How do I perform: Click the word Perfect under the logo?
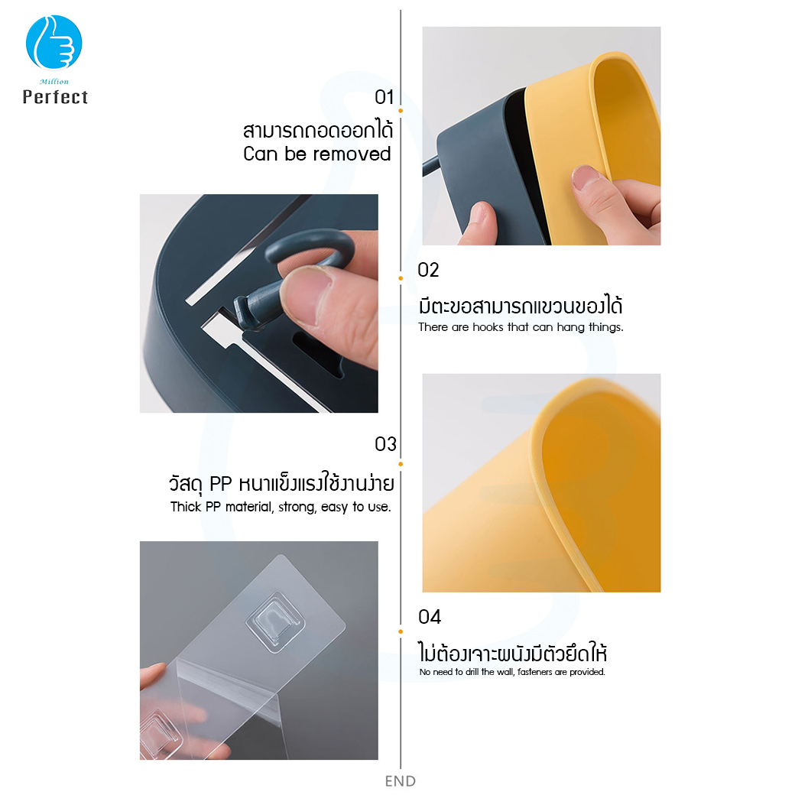(x=55, y=97)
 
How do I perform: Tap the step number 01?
(x=384, y=98)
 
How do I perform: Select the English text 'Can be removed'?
(x=316, y=154)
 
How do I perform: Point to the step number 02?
(x=429, y=270)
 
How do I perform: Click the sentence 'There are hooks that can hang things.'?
(x=521, y=327)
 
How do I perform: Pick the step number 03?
(x=385, y=444)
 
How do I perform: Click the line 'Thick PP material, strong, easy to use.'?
(x=281, y=507)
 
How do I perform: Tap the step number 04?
(x=430, y=617)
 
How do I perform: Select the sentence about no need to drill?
(x=512, y=672)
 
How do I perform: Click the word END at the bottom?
(x=401, y=781)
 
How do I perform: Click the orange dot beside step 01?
(x=401, y=111)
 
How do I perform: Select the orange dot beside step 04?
(x=401, y=631)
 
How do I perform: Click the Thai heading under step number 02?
(x=521, y=307)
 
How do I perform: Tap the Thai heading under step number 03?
(x=281, y=485)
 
